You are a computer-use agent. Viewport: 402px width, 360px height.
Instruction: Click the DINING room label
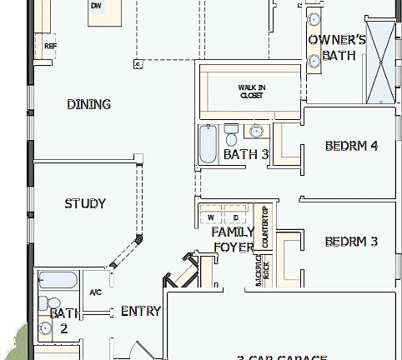coord(88,104)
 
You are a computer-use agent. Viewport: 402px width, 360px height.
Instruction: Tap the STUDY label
coord(85,203)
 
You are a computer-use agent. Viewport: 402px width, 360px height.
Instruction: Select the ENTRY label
coord(141,311)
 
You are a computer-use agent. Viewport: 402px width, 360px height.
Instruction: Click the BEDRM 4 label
coord(351,146)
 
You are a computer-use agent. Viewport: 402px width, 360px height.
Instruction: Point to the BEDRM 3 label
coord(351,242)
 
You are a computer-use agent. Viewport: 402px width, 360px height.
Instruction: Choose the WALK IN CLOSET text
coord(251,91)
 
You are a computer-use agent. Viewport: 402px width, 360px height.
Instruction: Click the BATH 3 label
coord(246,154)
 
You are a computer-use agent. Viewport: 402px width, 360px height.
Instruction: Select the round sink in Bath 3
coord(257,131)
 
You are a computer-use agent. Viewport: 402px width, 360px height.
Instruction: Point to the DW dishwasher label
coord(95,5)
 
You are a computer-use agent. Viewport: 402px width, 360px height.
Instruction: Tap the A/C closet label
coord(95,292)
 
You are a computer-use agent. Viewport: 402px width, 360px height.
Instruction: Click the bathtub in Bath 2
coord(58,280)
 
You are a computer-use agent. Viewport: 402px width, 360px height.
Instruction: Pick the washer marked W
coord(212,217)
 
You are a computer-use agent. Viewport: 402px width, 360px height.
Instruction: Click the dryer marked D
coord(236,217)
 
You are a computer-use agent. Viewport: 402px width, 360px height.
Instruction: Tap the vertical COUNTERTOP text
coord(265,227)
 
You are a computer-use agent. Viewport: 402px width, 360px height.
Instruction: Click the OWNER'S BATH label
coord(337,47)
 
